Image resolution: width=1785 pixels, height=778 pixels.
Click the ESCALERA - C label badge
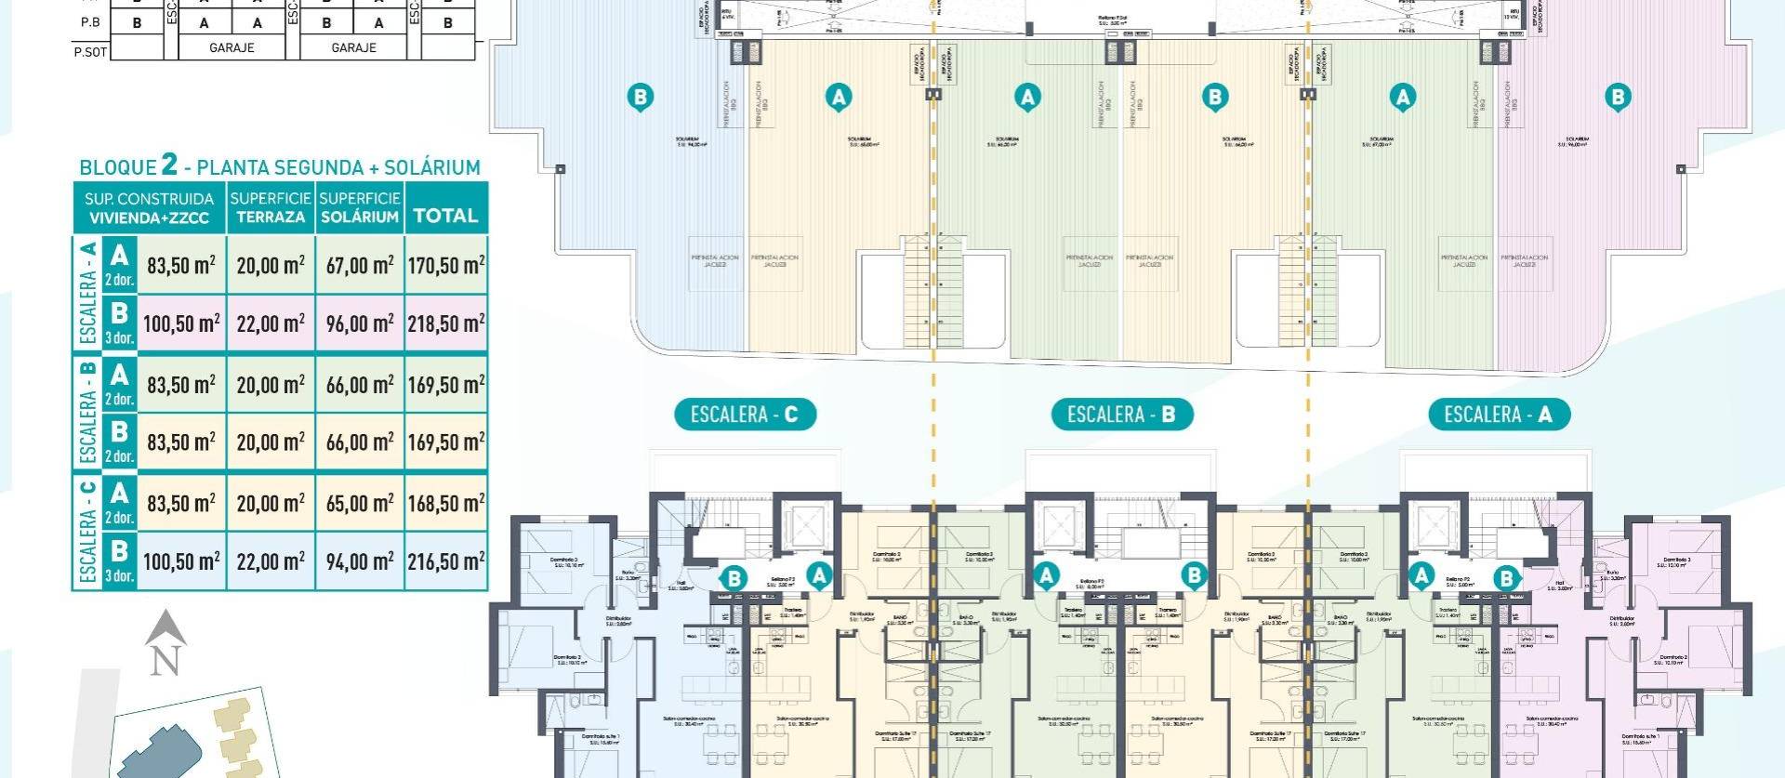point(745,415)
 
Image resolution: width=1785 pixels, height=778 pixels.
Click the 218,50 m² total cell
point(446,323)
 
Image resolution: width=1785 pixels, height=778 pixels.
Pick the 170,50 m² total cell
point(446,265)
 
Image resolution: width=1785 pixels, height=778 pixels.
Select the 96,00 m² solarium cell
point(360,323)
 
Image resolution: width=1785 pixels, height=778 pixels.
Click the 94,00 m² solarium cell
point(360,561)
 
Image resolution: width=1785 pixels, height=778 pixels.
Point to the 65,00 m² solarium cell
point(360,503)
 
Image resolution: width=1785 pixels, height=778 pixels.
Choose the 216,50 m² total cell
point(446,561)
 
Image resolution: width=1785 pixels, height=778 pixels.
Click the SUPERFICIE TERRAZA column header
point(271,207)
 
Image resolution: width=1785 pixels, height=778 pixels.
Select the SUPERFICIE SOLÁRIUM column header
point(360,207)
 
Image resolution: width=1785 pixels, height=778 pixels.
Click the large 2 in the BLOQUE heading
point(169,165)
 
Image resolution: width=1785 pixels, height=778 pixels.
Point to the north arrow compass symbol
point(165,642)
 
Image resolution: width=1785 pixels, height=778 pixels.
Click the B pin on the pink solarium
point(1618,97)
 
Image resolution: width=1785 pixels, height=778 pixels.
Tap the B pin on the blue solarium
point(640,97)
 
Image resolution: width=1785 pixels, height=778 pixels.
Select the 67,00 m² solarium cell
point(360,265)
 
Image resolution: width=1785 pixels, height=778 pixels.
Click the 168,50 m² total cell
point(446,503)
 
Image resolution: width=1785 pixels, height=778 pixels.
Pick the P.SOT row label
point(90,52)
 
